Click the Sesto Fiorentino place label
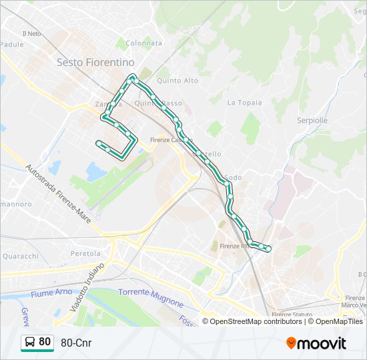tap(95, 61)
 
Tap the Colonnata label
tap(143, 43)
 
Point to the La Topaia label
tap(244, 103)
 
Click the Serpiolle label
tap(312, 121)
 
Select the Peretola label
tap(85, 253)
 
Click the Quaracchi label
tap(21, 256)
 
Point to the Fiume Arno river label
tap(51, 293)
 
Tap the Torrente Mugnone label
tap(150, 297)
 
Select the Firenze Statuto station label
tap(292, 314)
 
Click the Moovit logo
tap(316, 343)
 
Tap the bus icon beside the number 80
tap(29, 343)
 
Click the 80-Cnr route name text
tap(76, 343)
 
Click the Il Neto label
tap(31, 33)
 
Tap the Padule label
tap(11, 44)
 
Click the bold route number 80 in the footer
tap(45, 342)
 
